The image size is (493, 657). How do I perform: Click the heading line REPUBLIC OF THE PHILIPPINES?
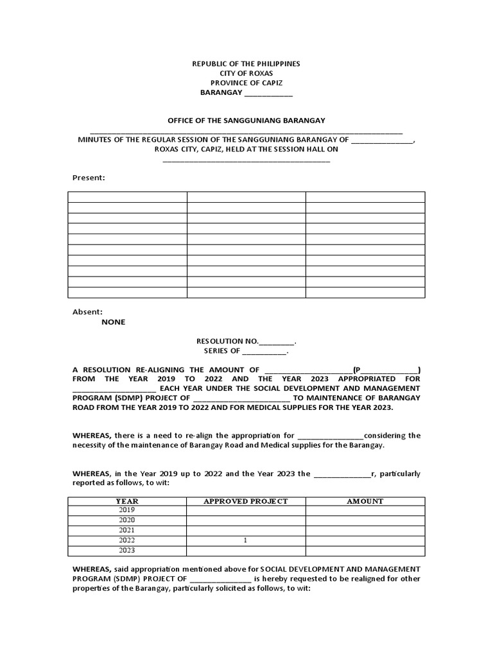click(x=246, y=64)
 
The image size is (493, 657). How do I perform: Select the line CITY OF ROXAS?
click(x=246, y=74)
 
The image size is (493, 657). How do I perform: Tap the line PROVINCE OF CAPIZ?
click(x=246, y=83)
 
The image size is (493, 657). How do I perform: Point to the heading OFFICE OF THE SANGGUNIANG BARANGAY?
click(x=246, y=120)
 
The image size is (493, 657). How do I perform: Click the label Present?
click(x=89, y=178)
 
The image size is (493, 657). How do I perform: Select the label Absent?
click(x=87, y=312)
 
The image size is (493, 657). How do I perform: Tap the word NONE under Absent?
click(x=114, y=322)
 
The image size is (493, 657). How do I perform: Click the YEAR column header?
click(x=127, y=501)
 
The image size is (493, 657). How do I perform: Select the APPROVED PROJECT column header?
click(x=246, y=501)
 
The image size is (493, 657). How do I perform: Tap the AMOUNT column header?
click(x=365, y=501)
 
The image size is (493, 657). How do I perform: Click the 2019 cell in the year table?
click(x=127, y=510)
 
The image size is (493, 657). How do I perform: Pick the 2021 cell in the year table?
click(x=127, y=531)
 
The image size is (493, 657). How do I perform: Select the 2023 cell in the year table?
click(x=127, y=550)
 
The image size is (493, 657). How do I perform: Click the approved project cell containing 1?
click(x=246, y=541)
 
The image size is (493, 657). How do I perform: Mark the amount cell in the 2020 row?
click(x=365, y=520)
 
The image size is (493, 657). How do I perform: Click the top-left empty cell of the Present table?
click(x=127, y=197)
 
